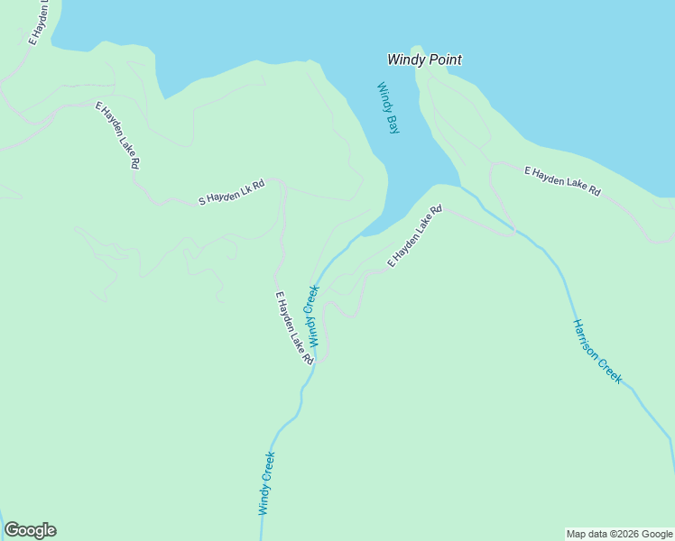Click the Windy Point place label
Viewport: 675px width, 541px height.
(424, 60)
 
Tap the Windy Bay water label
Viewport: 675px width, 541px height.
(388, 108)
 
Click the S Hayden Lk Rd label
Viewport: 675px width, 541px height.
(232, 193)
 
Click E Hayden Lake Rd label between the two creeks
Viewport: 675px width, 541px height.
(415, 236)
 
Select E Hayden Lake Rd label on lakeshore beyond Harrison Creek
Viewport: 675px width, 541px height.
(563, 180)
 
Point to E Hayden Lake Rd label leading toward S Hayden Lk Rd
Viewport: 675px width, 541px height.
(118, 135)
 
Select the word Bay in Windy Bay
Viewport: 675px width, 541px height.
(393, 124)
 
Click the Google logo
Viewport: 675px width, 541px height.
(31, 530)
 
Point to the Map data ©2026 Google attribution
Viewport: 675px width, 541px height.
(620, 534)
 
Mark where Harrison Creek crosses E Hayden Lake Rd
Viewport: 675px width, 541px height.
(516, 231)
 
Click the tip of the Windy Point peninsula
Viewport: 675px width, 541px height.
(416, 49)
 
